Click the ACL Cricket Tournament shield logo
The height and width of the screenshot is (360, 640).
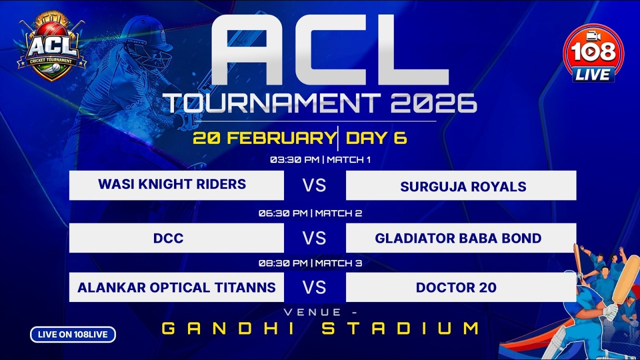(52, 49)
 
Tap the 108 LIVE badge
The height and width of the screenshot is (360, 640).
(593, 53)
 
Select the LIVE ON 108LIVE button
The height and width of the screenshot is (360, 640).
(73, 334)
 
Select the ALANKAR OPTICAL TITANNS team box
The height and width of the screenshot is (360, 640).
(176, 287)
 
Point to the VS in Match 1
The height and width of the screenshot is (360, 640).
(314, 185)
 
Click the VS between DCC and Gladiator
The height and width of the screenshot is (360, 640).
(314, 238)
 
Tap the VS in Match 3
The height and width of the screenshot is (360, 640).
(314, 287)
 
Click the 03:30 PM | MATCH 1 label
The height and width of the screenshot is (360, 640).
(320, 160)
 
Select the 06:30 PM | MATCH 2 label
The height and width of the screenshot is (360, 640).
(310, 213)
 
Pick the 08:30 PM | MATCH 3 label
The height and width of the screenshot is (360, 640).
(310, 263)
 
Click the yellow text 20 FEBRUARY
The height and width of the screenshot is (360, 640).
(264, 138)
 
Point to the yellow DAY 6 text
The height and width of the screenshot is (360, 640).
(376, 138)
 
